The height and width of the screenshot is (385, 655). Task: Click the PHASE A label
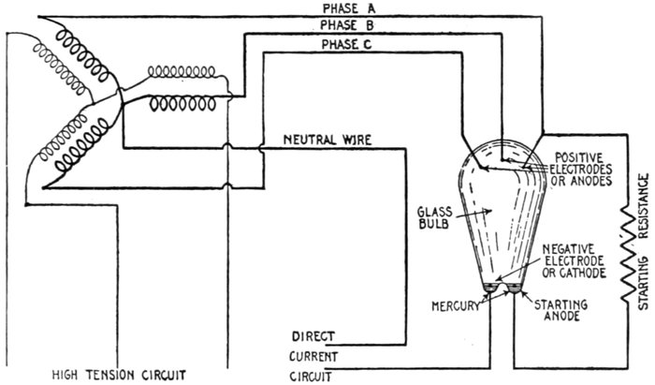point(342,8)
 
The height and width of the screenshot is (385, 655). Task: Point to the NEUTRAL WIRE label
point(327,141)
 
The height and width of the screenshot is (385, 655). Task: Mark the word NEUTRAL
point(307,141)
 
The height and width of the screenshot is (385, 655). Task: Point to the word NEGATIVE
point(574,246)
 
